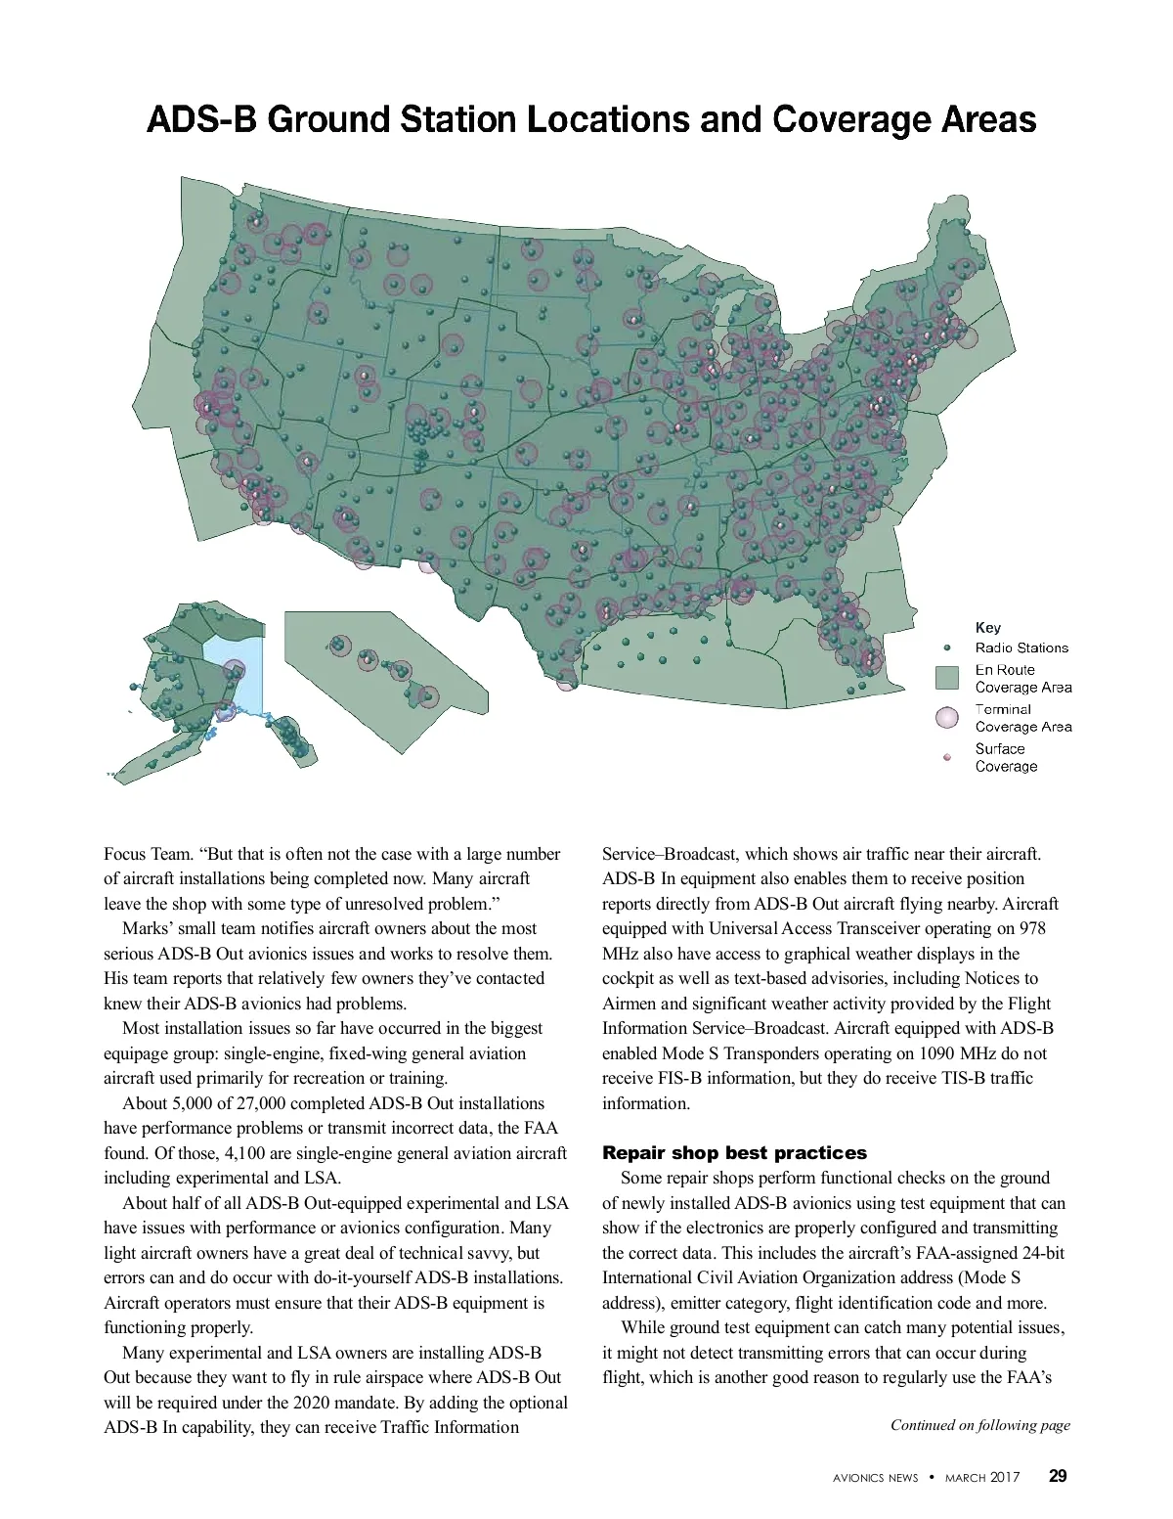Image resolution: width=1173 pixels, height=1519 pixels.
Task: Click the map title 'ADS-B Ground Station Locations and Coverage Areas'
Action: click(x=590, y=120)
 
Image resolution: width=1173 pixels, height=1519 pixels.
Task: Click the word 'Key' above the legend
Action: click(x=987, y=627)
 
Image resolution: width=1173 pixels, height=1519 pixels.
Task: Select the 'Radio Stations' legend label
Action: click(x=1021, y=648)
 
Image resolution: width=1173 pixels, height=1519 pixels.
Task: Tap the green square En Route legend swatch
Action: click(x=946, y=678)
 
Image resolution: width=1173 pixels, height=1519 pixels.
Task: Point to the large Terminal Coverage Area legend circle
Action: click(x=946, y=718)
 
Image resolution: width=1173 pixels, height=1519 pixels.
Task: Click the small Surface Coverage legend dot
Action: click(x=946, y=758)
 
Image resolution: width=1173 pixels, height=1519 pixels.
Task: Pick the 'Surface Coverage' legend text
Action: click(x=1006, y=757)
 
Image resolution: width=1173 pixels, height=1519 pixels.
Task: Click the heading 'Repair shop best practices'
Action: click(x=734, y=1153)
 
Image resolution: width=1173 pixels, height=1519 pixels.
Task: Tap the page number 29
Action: click(x=1058, y=1476)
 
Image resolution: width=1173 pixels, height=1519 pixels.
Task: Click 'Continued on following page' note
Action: click(x=979, y=1425)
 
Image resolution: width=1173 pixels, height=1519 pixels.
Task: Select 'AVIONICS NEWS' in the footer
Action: click(x=875, y=1478)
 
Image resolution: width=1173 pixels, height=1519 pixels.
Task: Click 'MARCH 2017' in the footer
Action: click(x=981, y=1478)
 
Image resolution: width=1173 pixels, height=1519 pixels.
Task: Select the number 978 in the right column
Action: click(x=1030, y=928)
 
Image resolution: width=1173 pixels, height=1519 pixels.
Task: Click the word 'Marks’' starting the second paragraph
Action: click(x=144, y=928)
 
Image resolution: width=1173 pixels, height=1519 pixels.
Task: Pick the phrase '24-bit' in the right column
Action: click(x=1038, y=1253)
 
